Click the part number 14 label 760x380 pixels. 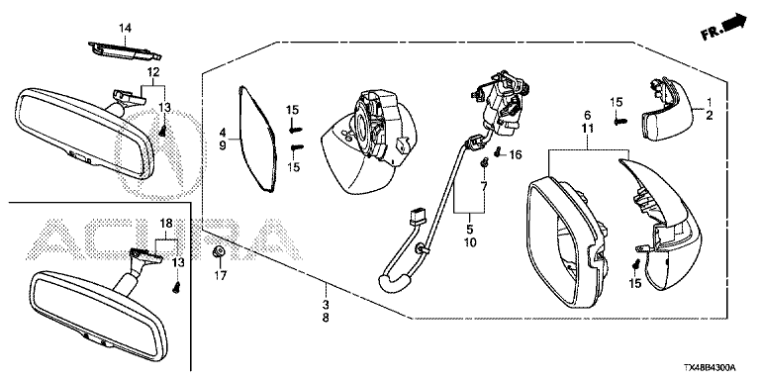click(x=125, y=29)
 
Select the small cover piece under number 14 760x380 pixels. click(x=125, y=50)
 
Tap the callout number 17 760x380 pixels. click(x=220, y=277)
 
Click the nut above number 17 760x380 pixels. click(x=218, y=252)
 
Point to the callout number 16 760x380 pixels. click(x=515, y=155)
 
